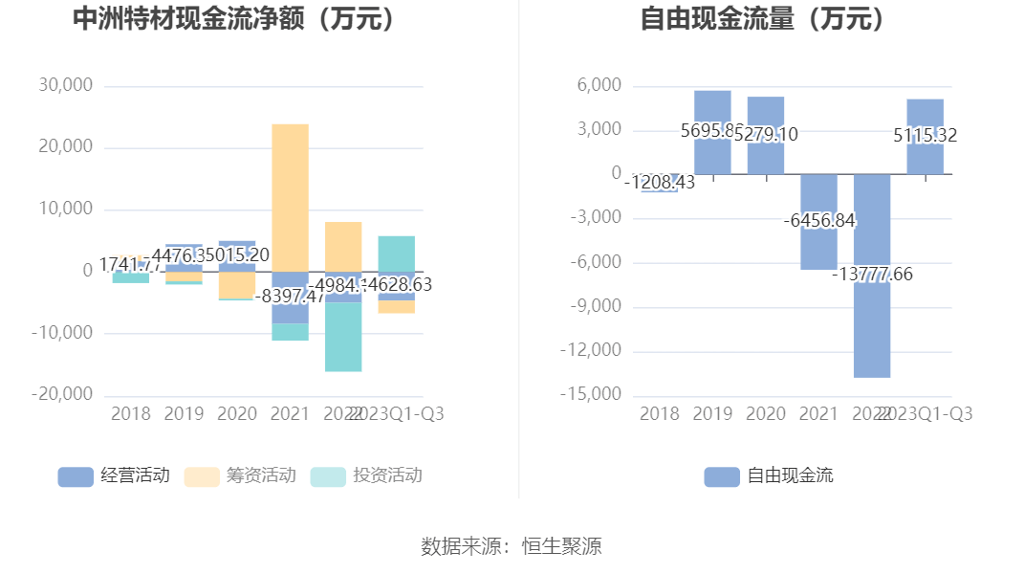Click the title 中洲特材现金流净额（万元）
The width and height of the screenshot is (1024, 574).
click(235, 19)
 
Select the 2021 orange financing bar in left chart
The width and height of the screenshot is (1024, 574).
click(291, 196)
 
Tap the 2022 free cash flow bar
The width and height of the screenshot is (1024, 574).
click(872, 325)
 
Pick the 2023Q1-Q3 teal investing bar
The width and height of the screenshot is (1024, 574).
click(397, 253)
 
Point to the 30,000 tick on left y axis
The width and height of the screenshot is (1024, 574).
click(66, 85)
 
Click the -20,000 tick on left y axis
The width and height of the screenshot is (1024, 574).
click(62, 394)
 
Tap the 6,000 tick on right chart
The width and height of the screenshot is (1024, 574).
click(600, 86)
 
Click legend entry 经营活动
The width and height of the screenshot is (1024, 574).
click(114, 475)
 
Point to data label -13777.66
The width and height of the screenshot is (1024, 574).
click(872, 275)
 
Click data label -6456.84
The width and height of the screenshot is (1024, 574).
click(819, 221)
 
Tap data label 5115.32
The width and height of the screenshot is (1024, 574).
click(926, 136)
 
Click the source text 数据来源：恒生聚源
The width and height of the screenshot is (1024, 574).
click(512, 546)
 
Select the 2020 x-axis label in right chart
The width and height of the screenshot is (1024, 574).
click(765, 413)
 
